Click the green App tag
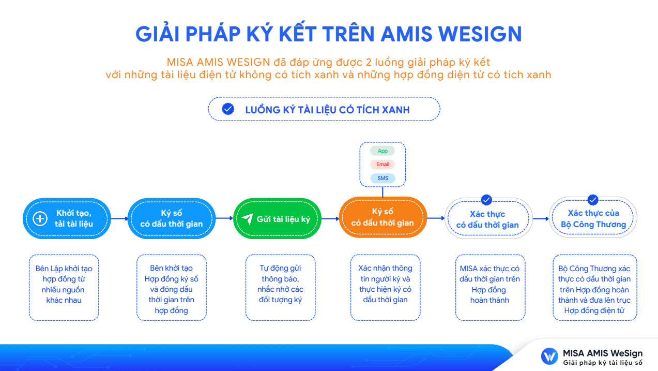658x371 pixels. [382, 151]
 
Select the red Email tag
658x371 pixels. [382, 165]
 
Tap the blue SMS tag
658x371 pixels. [382, 178]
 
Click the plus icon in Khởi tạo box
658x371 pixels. [40, 219]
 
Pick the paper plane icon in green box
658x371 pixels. [248, 218]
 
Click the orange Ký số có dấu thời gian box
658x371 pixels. [382, 217]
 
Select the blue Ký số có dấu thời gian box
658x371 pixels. [172, 218]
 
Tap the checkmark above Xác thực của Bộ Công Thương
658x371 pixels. [593, 200]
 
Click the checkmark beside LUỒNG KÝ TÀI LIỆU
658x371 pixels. [228, 109]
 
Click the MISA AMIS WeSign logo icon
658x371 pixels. [549, 357]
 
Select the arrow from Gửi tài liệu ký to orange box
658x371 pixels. [330, 218]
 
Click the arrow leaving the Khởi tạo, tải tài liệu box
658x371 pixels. [119, 218]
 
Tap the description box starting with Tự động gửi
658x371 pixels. [280, 288]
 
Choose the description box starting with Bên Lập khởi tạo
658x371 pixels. [64, 288]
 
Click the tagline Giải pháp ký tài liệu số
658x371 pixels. [603, 363]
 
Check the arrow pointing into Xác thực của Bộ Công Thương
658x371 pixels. [541, 218]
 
